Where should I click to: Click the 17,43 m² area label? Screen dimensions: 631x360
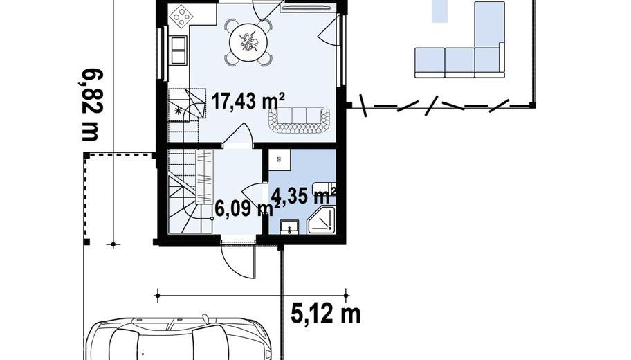coord(248,100)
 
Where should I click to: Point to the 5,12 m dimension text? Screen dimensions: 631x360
coord(326,314)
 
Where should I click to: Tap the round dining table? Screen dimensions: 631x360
coord(248,42)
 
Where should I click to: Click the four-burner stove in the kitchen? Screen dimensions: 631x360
coord(181,17)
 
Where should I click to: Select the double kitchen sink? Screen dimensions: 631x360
coord(179,51)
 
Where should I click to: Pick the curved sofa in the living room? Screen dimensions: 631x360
coord(299,120)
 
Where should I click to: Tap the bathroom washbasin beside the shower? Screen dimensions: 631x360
coord(289,226)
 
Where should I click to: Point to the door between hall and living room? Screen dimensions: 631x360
coord(238,134)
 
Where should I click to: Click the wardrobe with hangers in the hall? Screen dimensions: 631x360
coord(204,177)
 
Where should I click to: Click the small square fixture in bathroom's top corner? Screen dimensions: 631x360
coord(280,157)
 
